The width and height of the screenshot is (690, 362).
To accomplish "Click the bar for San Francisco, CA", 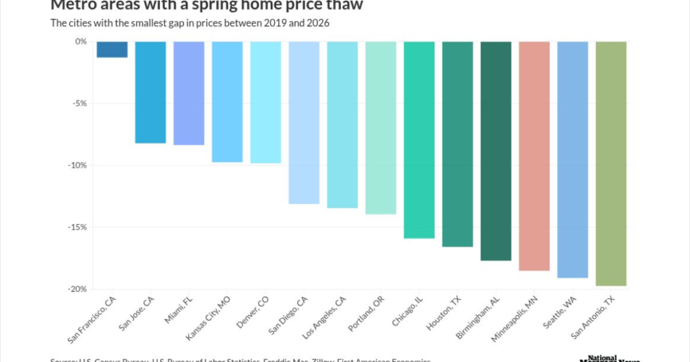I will [112, 49].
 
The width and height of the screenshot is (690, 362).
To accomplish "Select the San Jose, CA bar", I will [150, 92].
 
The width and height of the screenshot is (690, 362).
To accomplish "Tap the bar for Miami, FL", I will [189, 93].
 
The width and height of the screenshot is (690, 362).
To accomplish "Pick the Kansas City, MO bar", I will [227, 102].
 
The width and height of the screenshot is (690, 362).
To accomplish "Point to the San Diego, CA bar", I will [304, 122].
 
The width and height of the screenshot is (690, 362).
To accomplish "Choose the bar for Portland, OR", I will [381, 128].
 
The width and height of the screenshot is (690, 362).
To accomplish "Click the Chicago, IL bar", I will [419, 140].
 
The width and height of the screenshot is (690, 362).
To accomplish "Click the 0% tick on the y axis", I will [81, 42].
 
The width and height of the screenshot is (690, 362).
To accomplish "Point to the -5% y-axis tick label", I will [79, 104].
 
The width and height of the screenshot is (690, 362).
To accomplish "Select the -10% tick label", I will [77, 166].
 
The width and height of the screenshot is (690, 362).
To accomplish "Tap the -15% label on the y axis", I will [77, 227].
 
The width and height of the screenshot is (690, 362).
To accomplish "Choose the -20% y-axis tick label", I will [77, 289].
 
